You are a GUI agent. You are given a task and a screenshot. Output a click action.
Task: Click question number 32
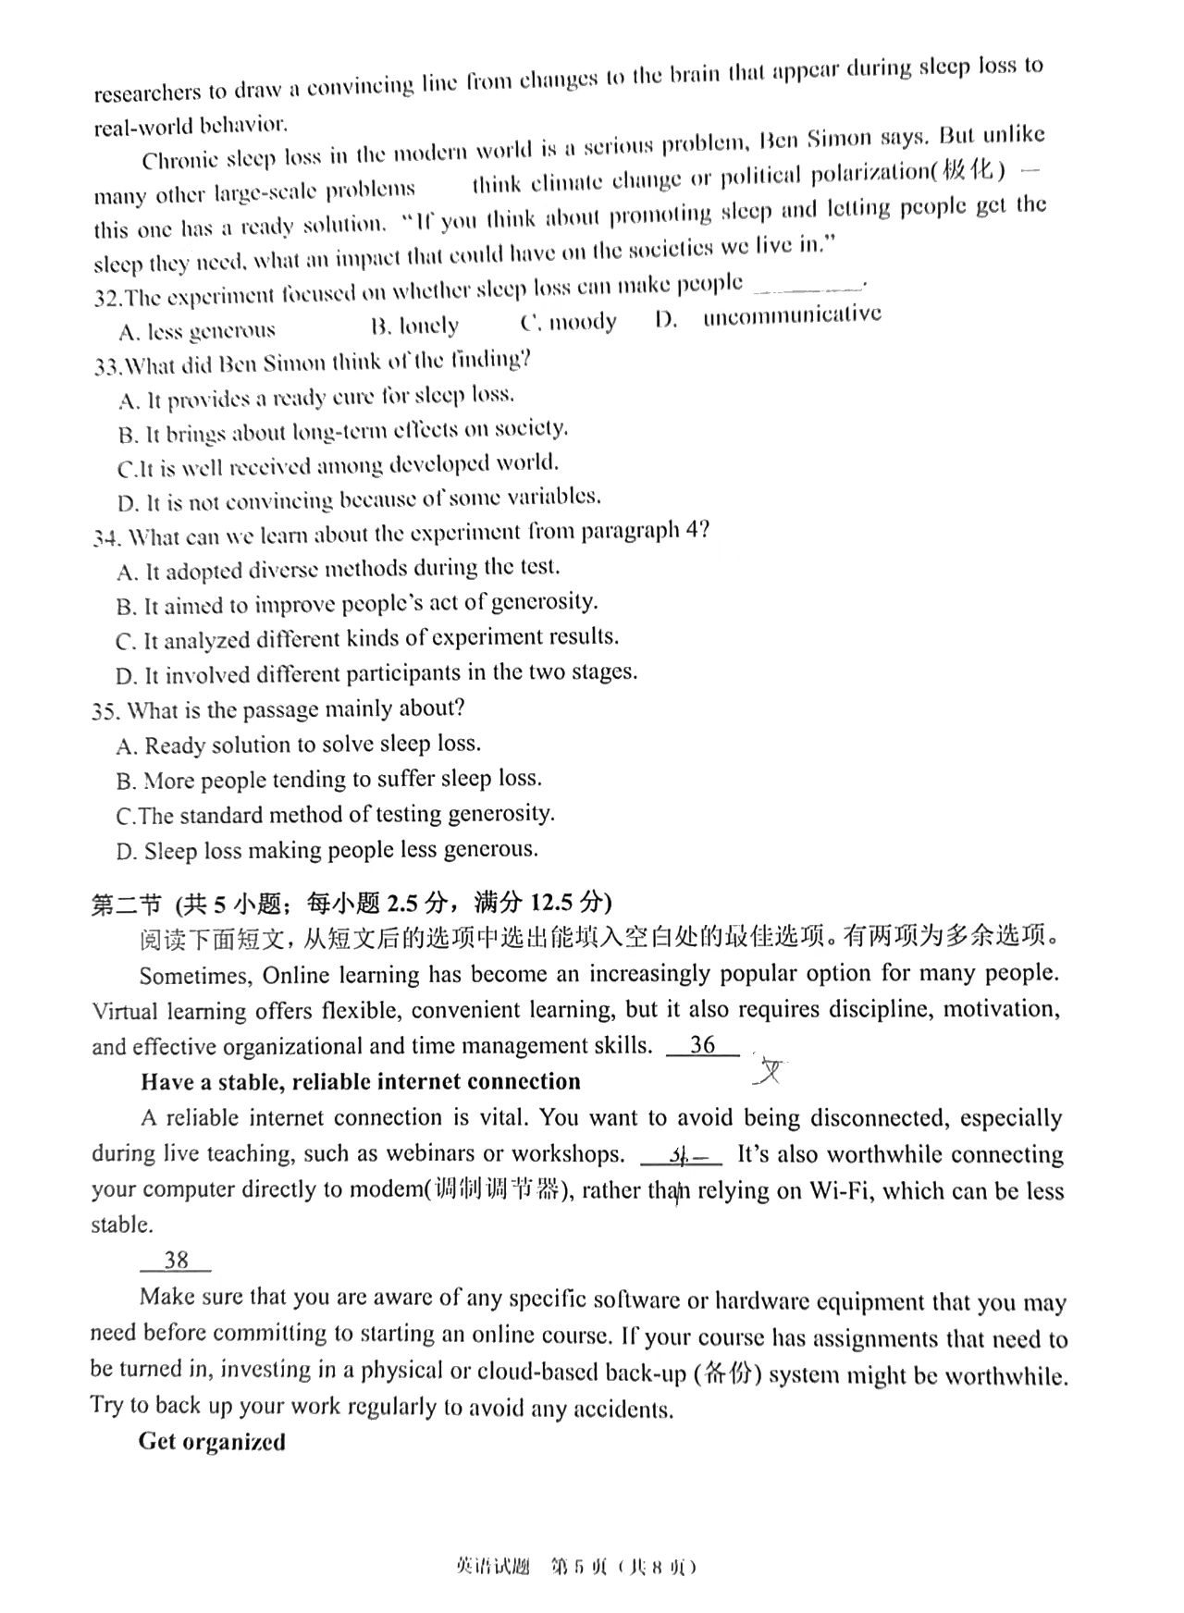[x=107, y=298]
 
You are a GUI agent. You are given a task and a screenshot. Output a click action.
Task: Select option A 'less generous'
[x=197, y=330]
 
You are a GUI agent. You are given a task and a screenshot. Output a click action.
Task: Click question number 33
[x=107, y=366]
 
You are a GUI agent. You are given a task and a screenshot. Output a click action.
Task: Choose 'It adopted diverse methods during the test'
[x=339, y=569]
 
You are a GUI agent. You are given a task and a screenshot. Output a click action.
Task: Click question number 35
[x=106, y=711]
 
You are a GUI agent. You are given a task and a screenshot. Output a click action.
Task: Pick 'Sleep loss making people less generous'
[x=327, y=850]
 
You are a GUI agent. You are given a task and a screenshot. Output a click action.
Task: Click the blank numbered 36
[x=703, y=1045]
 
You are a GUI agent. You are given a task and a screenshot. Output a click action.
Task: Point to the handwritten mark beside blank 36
[x=770, y=1072]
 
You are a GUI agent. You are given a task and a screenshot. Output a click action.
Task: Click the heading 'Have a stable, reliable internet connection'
[x=361, y=1082]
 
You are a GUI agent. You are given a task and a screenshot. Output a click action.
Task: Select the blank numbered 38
[x=176, y=1260]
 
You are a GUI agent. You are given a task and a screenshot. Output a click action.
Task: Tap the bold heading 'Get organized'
[x=212, y=1442]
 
